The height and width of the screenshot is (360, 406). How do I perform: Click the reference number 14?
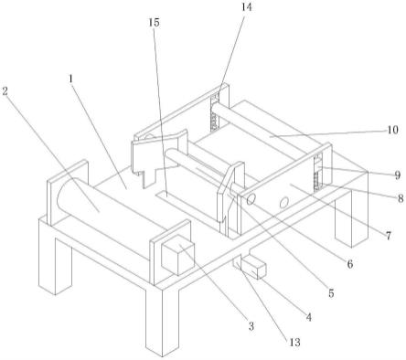coord(247,7)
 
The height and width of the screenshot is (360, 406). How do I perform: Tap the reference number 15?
coord(155,23)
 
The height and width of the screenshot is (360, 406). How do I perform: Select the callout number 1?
coord(71,79)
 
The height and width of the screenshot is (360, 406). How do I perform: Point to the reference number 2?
coord(5,90)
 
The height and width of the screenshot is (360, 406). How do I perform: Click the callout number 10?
coord(393,130)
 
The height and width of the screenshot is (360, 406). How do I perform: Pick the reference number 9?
coord(397,175)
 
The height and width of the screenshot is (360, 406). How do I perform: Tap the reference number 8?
coord(401,199)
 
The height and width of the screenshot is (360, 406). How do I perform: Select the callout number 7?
coord(389,236)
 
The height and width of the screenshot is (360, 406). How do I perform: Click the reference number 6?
coord(350,264)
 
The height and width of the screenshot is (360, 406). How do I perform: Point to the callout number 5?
coord(331,293)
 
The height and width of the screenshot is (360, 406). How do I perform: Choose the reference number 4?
coord(309,317)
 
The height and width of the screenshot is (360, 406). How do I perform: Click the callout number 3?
coord(251,326)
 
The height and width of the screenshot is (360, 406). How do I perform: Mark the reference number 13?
coord(294,343)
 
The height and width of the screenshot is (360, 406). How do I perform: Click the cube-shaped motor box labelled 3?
coord(177,259)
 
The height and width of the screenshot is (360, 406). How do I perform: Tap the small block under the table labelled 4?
coord(254,267)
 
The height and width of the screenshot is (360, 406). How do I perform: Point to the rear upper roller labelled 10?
coord(265,131)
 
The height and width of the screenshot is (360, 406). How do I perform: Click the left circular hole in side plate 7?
coord(251,200)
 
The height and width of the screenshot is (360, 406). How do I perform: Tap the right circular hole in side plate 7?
coord(283,202)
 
